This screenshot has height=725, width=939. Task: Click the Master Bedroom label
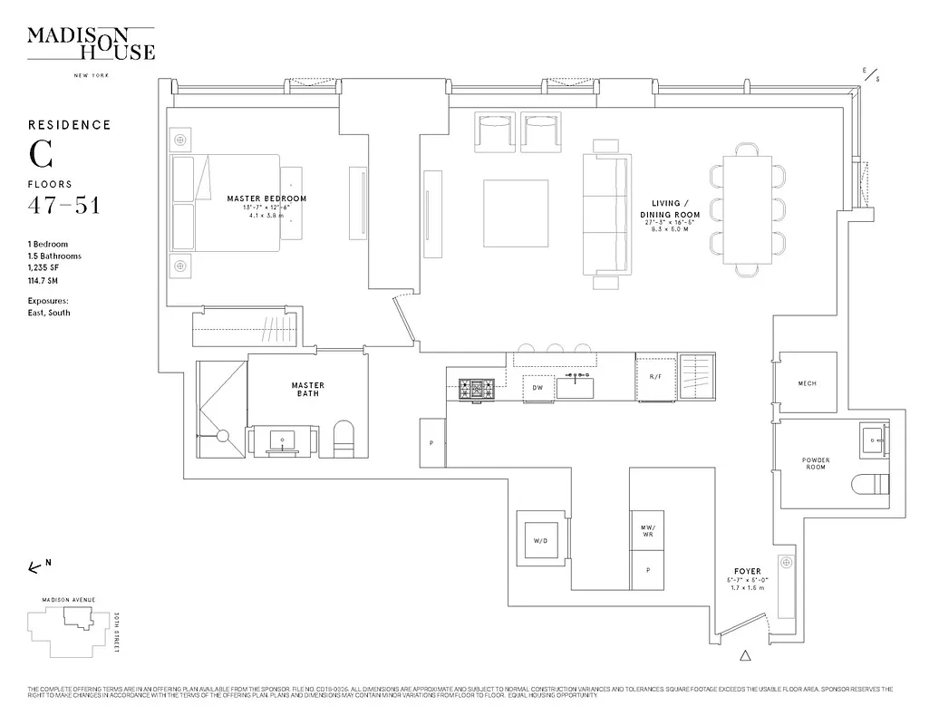(266, 198)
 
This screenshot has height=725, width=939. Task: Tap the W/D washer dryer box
(540, 541)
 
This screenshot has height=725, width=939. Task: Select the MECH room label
(807, 383)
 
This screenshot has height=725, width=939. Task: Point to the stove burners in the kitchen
(478, 389)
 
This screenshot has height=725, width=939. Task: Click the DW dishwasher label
(537, 388)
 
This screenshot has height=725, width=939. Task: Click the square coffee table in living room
(516, 213)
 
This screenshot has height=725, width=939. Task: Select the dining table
(748, 208)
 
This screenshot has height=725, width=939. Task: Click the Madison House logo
(91, 43)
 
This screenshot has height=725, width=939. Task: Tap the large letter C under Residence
(40, 155)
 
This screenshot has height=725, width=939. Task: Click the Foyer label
(748, 571)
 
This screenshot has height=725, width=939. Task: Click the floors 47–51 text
(63, 206)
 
